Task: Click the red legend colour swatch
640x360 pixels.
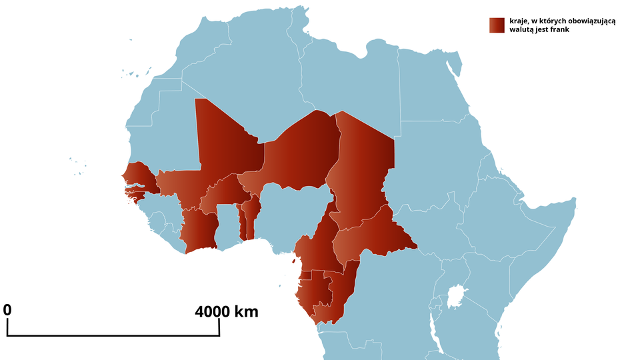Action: pos(496,25)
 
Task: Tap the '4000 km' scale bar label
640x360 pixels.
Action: pos(227,311)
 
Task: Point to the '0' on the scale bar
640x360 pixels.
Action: pos(7,310)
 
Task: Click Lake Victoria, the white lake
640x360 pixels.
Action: pos(455,295)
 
